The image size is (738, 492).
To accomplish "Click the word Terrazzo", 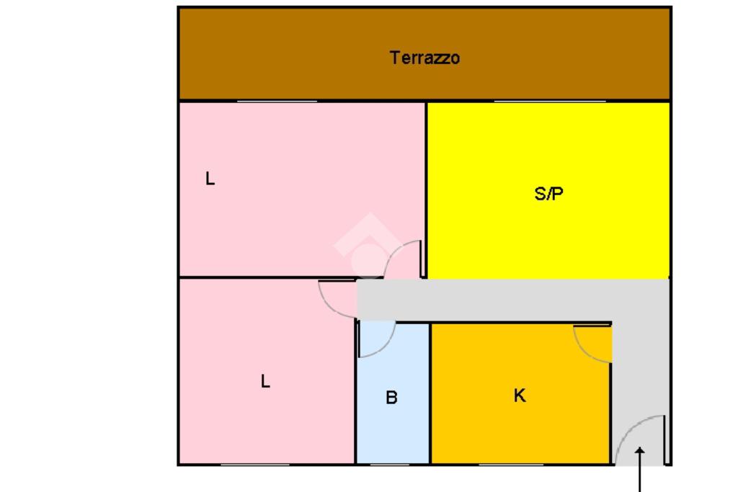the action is pyautogui.click(x=424, y=58).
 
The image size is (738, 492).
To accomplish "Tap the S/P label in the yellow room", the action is pyautogui.click(x=548, y=193).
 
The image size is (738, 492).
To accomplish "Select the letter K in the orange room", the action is pyautogui.click(x=520, y=395).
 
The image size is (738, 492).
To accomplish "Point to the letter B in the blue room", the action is pyautogui.click(x=391, y=398).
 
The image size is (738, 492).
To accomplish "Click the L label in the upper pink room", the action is pyautogui.click(x=210, y=179).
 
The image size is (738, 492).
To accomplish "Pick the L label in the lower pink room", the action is pyautogui.click(x=265, y=382).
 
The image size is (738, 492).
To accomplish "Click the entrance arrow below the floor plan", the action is pyautogui.click(x=640, y=468).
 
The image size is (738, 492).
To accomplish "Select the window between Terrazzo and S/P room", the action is pyautogui.click(x=549, y=101).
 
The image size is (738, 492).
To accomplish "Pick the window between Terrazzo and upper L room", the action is pyautogui.click(x=277, y=101).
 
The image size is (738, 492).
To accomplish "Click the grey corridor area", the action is pyautogui.click(x=504, y=300).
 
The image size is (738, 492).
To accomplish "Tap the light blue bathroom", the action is pyautogui.click(x=393, y=432).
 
